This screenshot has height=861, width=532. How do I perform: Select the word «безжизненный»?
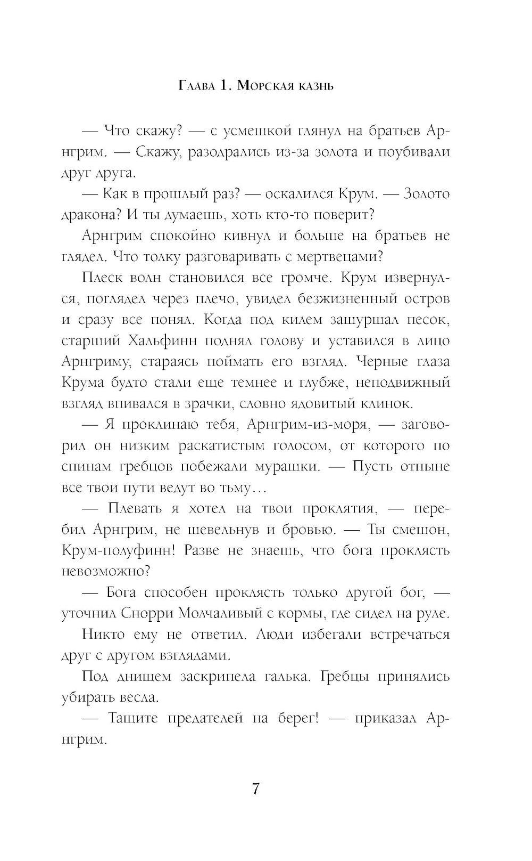340,299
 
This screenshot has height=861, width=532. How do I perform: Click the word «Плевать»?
132,508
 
